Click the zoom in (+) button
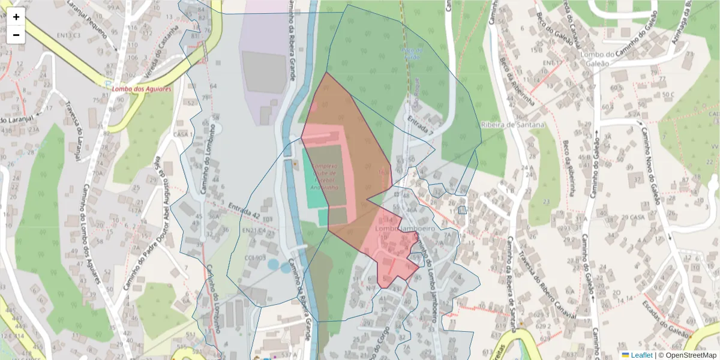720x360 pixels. point(16,17)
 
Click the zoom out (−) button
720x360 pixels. point(16,35)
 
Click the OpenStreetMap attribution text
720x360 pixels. point(688,355)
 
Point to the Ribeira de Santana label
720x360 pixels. point(512,125)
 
